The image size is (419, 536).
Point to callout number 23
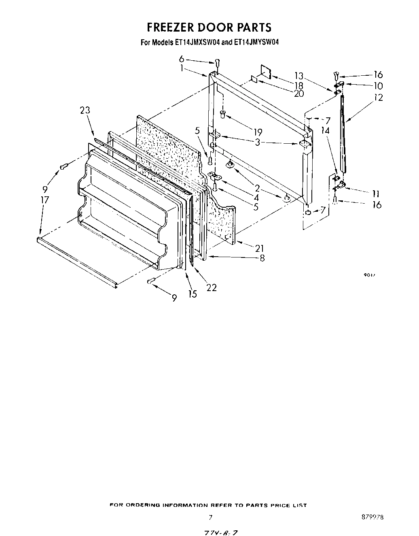[x=85, y=110]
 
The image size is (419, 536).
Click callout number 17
[x=44, y=200]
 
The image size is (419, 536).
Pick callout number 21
[x=260, y=248]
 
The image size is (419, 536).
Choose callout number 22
[x=212, y=287]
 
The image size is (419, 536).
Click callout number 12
[x=378, y=97]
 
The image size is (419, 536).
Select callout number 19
[x=257, y=132]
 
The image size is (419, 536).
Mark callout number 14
[x=326, y=130]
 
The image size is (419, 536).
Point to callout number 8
[x=262, y=257]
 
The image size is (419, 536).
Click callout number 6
[x=182, y=59]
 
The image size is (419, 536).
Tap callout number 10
[x=378, y=86]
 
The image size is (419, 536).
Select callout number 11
[x=377, y=193]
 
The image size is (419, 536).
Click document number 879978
[x=372, y=517]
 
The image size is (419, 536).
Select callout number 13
[x=298, y=75]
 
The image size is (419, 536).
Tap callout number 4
[x=256, y=198]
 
